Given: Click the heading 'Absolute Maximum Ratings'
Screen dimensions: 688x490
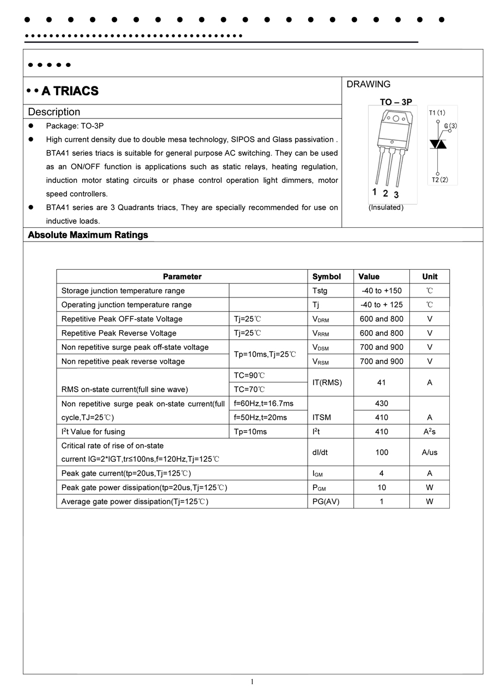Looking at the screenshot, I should coord(88,235).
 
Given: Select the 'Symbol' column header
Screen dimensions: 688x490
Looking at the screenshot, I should coord(327,276).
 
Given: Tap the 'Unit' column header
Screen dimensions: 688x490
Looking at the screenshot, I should coord(430,276).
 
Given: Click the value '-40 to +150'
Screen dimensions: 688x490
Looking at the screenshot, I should coord(381,290).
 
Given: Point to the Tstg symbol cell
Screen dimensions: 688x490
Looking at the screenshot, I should coord(320,290).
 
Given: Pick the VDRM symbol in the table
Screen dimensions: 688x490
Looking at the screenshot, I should coord(321,319).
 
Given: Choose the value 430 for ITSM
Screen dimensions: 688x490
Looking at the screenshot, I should coord(381,403).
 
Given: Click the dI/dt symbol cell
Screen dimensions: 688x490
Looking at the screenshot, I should coord(320,452).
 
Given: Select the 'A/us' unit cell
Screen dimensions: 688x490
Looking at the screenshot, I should coord(430,452).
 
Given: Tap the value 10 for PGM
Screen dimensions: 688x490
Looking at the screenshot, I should coord(381,487).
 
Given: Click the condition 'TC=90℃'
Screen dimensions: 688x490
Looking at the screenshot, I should coord(249,375).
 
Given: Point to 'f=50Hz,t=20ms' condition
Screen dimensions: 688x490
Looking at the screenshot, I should coord(260,417).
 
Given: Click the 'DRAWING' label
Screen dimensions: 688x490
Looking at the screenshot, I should coord(369,84).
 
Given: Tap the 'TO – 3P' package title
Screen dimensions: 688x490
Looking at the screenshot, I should coord(396,102).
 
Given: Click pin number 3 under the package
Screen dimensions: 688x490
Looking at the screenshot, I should coord(396,195).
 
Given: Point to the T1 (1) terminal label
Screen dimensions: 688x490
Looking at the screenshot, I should coord(437,113).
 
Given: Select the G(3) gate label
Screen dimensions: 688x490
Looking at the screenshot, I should coord(450,126).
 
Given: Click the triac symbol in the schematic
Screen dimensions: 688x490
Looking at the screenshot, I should coord(438,144).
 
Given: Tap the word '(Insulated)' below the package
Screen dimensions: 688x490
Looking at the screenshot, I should coord(386,207).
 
